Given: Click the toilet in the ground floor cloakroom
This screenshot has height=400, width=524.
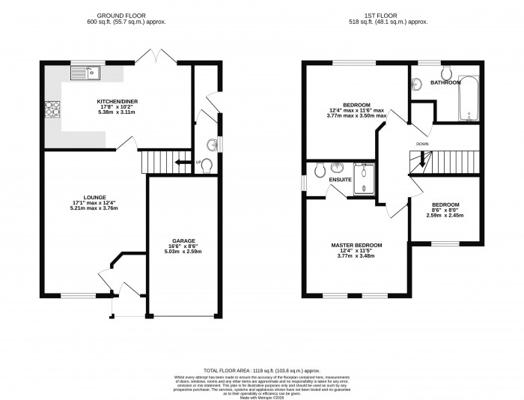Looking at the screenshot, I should [x=207, y=164].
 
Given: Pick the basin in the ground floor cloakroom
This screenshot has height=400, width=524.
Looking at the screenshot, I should [x=213, y=143].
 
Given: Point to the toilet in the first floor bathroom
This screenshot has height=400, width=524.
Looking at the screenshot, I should [x=446, y=73].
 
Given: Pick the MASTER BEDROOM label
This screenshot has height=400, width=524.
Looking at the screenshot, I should [x=357, y=245].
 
